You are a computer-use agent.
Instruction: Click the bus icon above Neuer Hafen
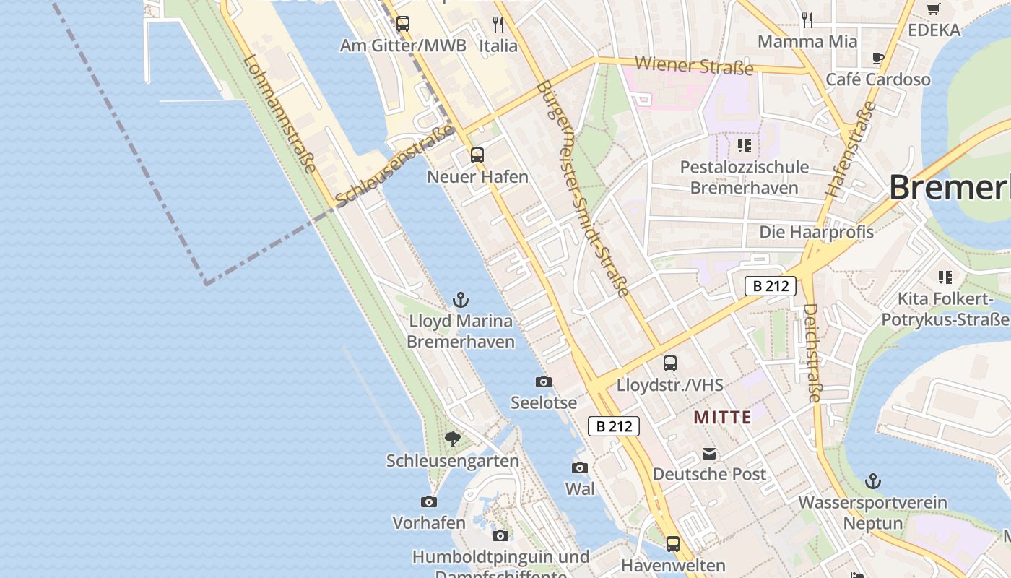pyautogui.click(x=477, y=155)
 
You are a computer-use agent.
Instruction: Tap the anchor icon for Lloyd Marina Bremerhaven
pyautogui.click(x=460, y=299)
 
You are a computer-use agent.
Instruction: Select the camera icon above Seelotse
pyautogui.click(x=544, y=381)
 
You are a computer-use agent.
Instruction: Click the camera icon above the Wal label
pyautogui.click(x=580, y=467)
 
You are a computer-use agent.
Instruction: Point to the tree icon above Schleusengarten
pyautogui.click(x=453, y=439)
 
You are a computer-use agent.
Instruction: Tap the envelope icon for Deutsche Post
pyautogui.click(x=709, y=454)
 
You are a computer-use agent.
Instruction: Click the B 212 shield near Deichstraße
pyautogui.click(x=771, y=286)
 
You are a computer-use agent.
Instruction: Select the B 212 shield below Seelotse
pyautogui.click(x=615, y=426)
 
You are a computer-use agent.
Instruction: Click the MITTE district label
pyautogui.click(x=722, y=417)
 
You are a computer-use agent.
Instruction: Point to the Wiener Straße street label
pyautogui.click(x=693, y=66)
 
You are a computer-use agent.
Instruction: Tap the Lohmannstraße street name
pyautogui.click(x=280, y=115)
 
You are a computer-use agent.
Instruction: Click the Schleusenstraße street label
pyautogui.click(x=395, y=165)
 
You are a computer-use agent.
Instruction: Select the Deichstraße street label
pyautogui.click(x=812, y=352)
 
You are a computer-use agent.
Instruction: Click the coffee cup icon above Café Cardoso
pyautogui.click(x=878, y=59)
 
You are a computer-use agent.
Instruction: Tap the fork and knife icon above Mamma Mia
pyautogui.click(x=807, y=20)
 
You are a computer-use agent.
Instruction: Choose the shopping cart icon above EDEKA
pyautogui.click(x=934, y=9)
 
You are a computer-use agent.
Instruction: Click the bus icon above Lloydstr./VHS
pyautogui.click(x=670, y=363)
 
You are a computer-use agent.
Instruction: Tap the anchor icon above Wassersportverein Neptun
pyautogui.click(x=874, y=480)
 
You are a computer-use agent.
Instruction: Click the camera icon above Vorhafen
pyautogui.click(x=429, y=501)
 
